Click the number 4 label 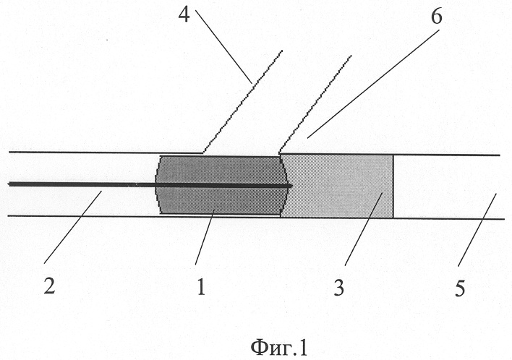coord(184,14)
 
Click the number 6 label coord(436,16)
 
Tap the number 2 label coord(49,286)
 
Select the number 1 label coord(201,287)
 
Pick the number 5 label coord(460,288)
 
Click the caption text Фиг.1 coord(279,347)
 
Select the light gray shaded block coord(337,186)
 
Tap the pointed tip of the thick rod coord(292,186)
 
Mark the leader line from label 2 coord(72,227)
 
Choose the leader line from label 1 coord(205,237)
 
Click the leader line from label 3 coord(364,228)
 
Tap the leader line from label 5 coord(477,230)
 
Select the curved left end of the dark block coord(157,185)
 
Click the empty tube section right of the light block coord(448,187)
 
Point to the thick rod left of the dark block coord(82,184)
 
